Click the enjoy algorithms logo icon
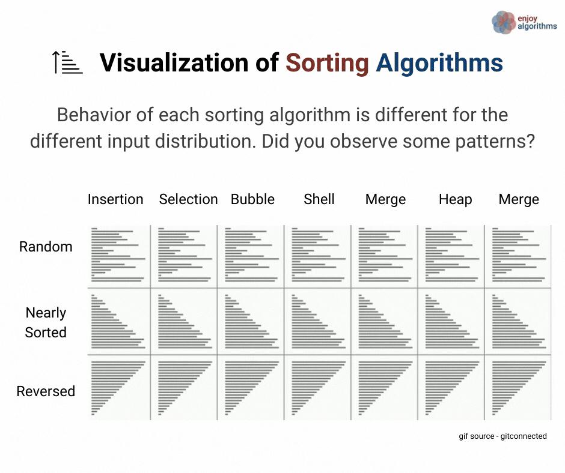504,22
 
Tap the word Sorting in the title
327,63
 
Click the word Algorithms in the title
439,63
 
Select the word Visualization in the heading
175,62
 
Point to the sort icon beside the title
67,62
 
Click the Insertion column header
115,199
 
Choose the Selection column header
189,199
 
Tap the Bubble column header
252,199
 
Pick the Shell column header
319,199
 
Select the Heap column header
455,199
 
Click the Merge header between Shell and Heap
385,200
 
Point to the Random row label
46,247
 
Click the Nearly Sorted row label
46,322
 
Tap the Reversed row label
46,391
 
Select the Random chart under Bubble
251,256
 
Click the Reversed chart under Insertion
119,388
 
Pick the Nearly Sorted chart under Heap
451,322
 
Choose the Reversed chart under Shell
317,388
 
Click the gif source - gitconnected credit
502,436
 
